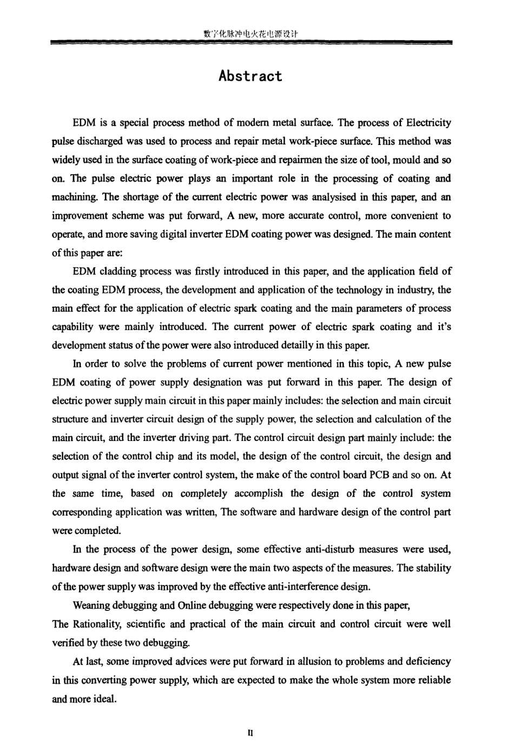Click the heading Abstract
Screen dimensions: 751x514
(x=251, y=76)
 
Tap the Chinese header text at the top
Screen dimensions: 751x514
(x=251, y=34)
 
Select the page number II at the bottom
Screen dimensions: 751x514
(x=251, y=734)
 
